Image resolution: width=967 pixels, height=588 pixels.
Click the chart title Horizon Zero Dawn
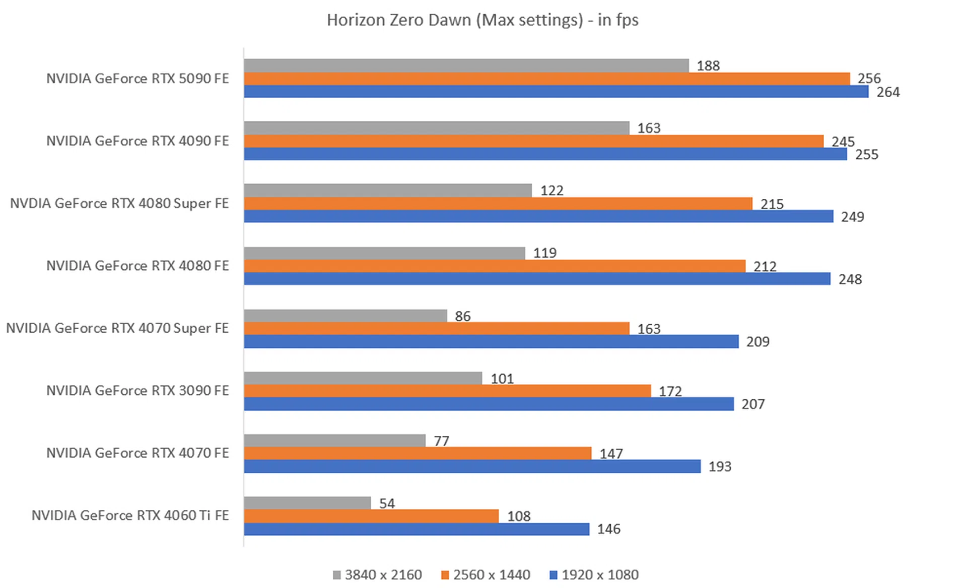[482, 20]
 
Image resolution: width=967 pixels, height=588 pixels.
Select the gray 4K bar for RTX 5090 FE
[466, 65]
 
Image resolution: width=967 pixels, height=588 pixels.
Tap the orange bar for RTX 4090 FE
[533, 141]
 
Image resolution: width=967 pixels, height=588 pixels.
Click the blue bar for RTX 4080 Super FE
[538, 216]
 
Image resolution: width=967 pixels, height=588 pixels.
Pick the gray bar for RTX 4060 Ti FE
[307, 503]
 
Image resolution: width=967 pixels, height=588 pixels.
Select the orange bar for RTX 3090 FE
[447, 391]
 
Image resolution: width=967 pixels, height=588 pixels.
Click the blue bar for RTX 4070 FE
[472, 466]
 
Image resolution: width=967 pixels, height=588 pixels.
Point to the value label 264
[888, 92]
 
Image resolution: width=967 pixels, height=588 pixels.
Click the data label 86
[462, 316]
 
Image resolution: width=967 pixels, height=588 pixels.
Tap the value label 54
[387, 503]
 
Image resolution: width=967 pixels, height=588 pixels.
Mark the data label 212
[765, 266]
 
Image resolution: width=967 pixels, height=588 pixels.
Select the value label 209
[757, 342]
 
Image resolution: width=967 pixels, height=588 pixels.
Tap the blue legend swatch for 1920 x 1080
[554, 575]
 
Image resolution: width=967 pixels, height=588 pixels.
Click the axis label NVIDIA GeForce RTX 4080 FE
[137, 266]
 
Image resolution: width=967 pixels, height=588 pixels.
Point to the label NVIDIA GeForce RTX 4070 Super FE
[117, 328]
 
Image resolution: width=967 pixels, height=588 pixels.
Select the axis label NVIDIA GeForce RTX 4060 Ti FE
[130, 516]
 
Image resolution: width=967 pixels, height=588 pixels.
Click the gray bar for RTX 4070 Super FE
[345, 316]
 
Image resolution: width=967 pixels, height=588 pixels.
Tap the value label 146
[608, 529]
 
